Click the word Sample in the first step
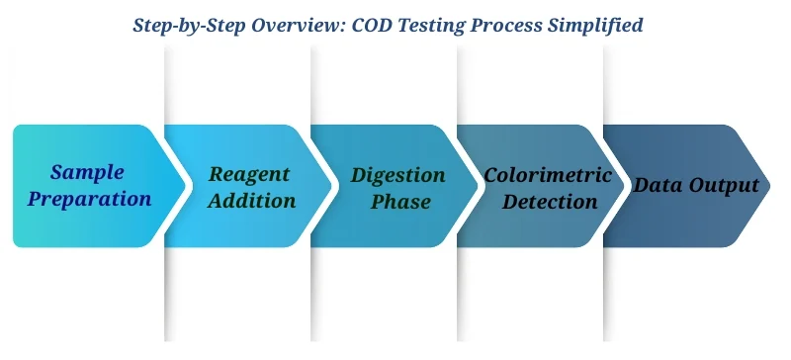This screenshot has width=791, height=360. pos(87,172)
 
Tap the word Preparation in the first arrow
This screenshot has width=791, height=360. pos(89,199)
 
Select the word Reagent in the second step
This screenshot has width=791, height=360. pos(249,174)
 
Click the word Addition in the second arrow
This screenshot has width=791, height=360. pos(252,201)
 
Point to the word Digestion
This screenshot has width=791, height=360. pos(398,175)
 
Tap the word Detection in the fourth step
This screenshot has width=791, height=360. pos(548,202)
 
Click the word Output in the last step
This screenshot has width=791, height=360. pos(727,185)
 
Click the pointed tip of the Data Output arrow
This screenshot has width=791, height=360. pos(771,185)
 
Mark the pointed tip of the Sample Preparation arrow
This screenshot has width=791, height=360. pos(186,185)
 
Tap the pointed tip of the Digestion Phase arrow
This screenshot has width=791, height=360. pos(479,185)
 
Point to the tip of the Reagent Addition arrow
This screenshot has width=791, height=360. pos(332,185)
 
